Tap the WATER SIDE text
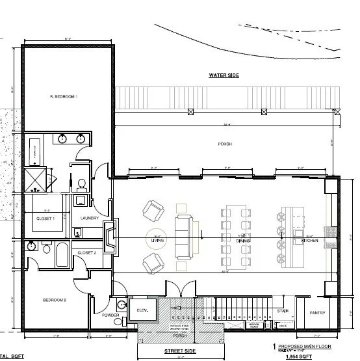[224, 75]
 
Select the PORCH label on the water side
[225, 144]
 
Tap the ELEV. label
[143, 311]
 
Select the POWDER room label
[110, 316]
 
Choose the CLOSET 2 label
[86, 252]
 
